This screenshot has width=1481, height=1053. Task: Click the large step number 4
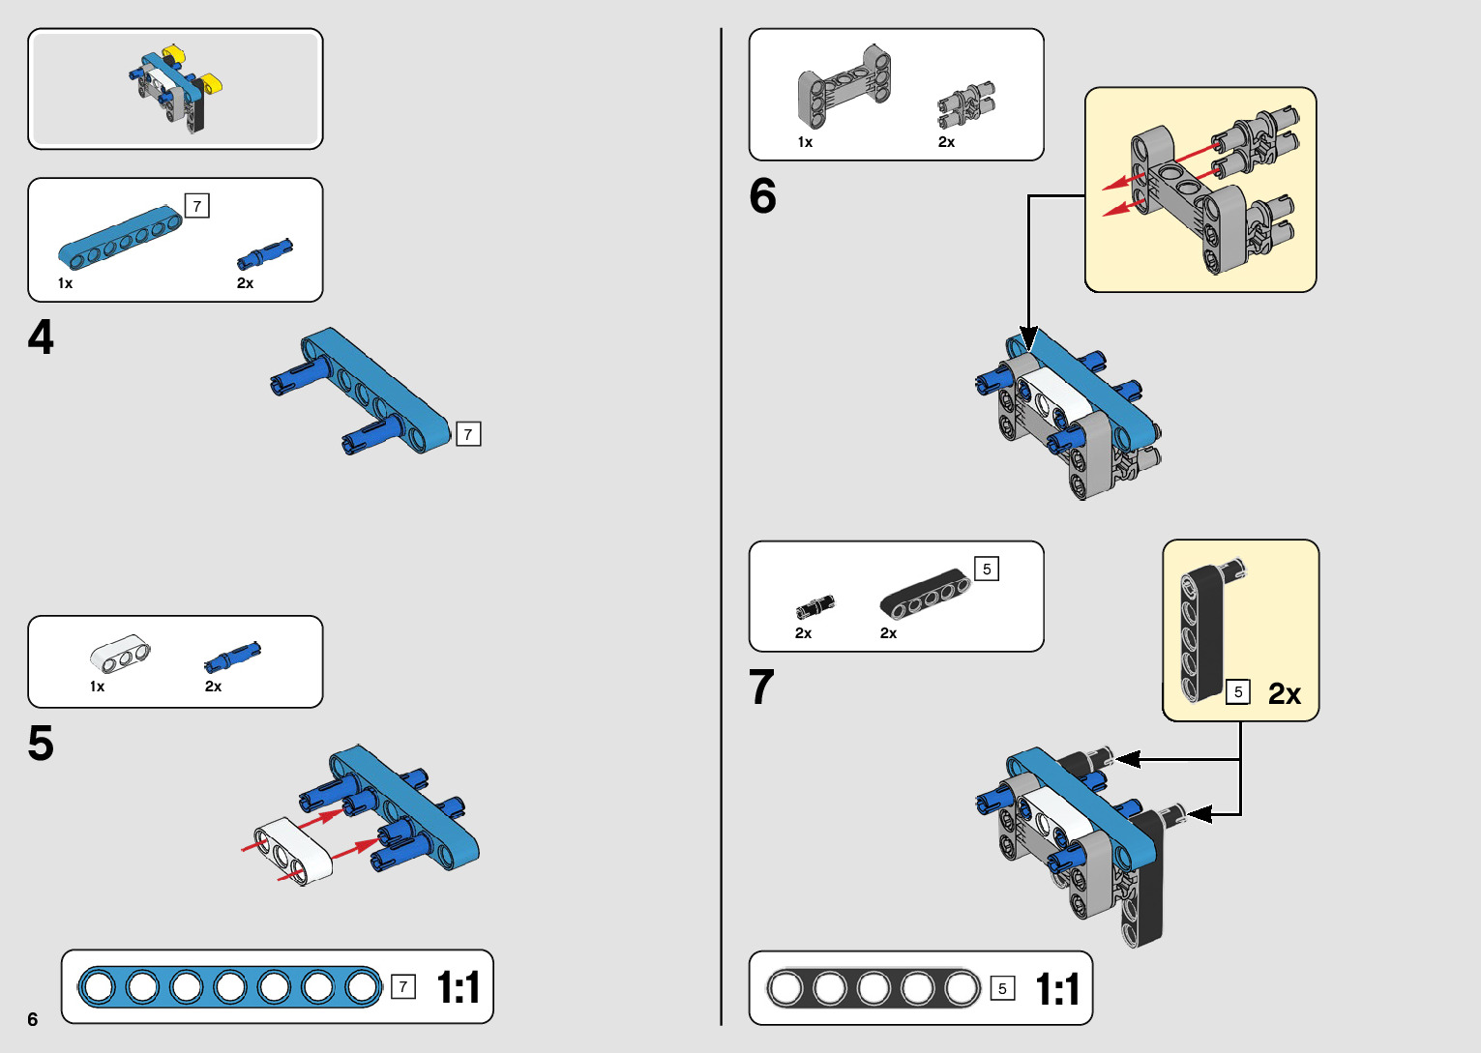point(41,338)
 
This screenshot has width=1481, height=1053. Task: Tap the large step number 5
point(41,744)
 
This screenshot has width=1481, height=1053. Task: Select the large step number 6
point(762,196)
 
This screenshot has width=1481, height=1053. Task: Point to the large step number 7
point(761,687)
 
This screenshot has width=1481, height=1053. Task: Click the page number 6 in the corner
point(33,1019)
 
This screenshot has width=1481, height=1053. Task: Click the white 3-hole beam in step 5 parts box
point(120,654)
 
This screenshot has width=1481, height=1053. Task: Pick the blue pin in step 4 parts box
point(264,254)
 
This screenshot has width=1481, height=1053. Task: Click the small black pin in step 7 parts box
point(815,606)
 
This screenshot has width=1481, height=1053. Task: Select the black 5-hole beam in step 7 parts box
point(924,593)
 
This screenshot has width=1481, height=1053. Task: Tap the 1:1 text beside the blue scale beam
point(459,987)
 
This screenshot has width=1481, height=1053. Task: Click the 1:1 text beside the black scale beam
point(1057,989)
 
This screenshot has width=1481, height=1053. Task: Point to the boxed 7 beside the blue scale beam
point(403,987)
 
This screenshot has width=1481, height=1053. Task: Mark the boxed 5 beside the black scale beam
point(1002,988)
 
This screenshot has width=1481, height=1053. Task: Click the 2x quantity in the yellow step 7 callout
point(1284,694)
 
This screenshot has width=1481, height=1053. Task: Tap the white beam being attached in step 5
point(293,850)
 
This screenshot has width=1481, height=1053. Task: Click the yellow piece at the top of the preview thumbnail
point(174,51)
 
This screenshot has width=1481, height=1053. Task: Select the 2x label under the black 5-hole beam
point(888,633)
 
